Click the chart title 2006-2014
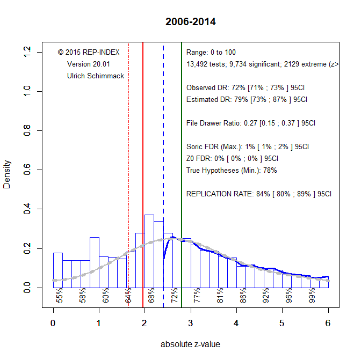coord(191,22)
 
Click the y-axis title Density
coord(7,174)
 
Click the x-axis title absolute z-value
coord(190,344)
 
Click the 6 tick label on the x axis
coord(328,323)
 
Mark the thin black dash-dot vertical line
coord(128,161)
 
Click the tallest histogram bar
coord(149,252)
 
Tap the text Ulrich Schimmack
coord(96,76)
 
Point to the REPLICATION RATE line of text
coord(258,194)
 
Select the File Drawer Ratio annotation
coord(250,123)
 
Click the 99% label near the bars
coord(312,296)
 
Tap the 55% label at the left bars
coord(60,296)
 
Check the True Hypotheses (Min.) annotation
coord(231,170)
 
